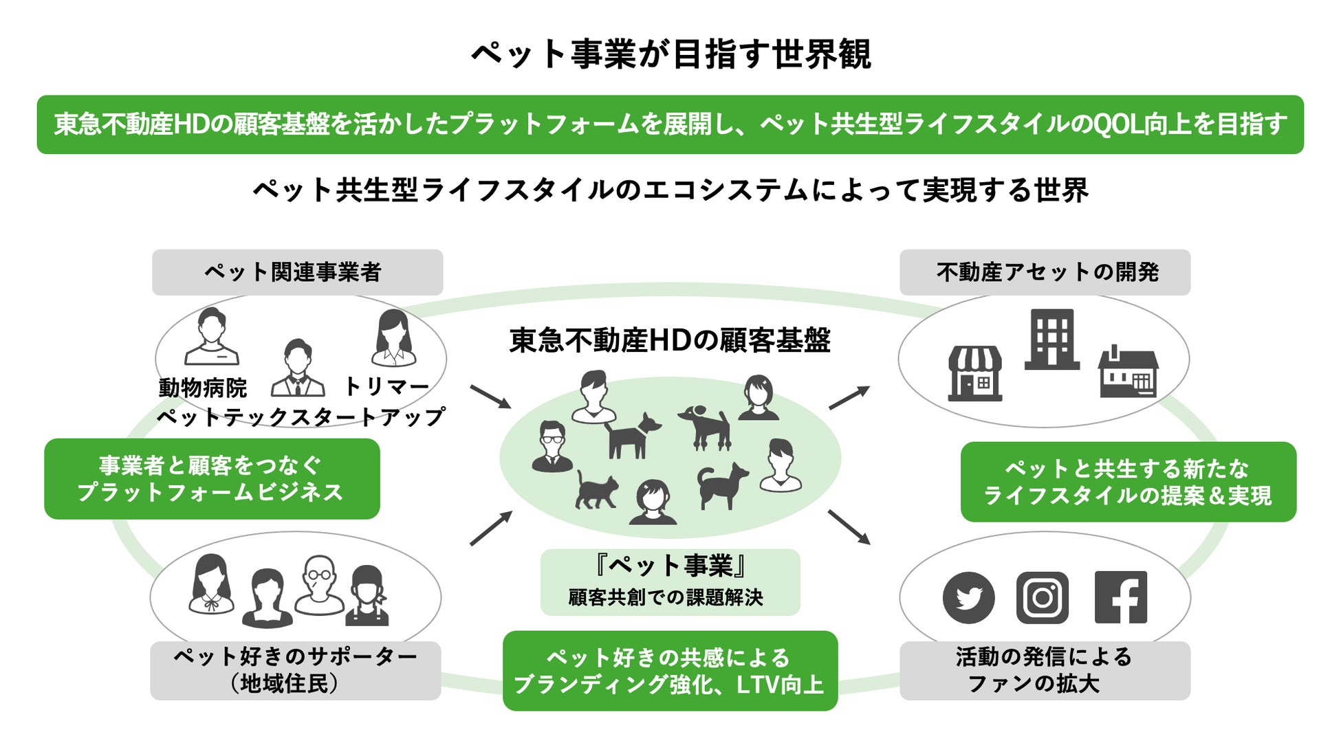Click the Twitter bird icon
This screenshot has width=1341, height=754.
point(968,597)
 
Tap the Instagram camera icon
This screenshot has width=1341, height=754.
point(1043,597)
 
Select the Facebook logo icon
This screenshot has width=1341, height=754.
point(1120,597)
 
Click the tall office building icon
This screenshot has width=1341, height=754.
point(1051,340)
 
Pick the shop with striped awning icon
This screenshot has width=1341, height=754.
point(975,373)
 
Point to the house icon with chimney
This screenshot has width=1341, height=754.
point(1129,373)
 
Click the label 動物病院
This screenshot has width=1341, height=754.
point(203,388)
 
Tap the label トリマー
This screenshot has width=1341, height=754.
point(386,387)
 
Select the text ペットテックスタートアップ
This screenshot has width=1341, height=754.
point(301,417)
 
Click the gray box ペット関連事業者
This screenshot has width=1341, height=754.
point(297,272)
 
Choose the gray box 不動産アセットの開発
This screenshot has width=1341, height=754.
point(1045,272)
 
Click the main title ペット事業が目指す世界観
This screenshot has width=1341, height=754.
point(671,54)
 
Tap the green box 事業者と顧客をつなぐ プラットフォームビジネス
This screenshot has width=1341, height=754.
point(212,479)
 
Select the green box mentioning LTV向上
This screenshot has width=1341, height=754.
point(670,671)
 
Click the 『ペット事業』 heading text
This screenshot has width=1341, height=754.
point(670,566)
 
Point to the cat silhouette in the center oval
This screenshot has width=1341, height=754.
point(595,489)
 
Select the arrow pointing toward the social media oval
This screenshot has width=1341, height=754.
point(849,527)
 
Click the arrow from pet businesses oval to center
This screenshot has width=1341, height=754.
point(490,397)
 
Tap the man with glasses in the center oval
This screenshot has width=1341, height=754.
point(552,446)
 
